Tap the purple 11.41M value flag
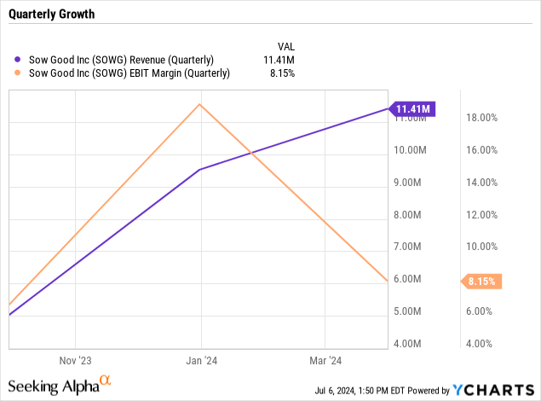[413, 108]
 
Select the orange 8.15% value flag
[481, 280]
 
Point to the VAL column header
[286, 44]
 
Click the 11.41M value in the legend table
[279, 59]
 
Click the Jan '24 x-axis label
[200, 359]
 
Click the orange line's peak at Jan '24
[199, 104]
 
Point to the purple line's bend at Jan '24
[199, 170]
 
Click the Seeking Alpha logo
[60, 386]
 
